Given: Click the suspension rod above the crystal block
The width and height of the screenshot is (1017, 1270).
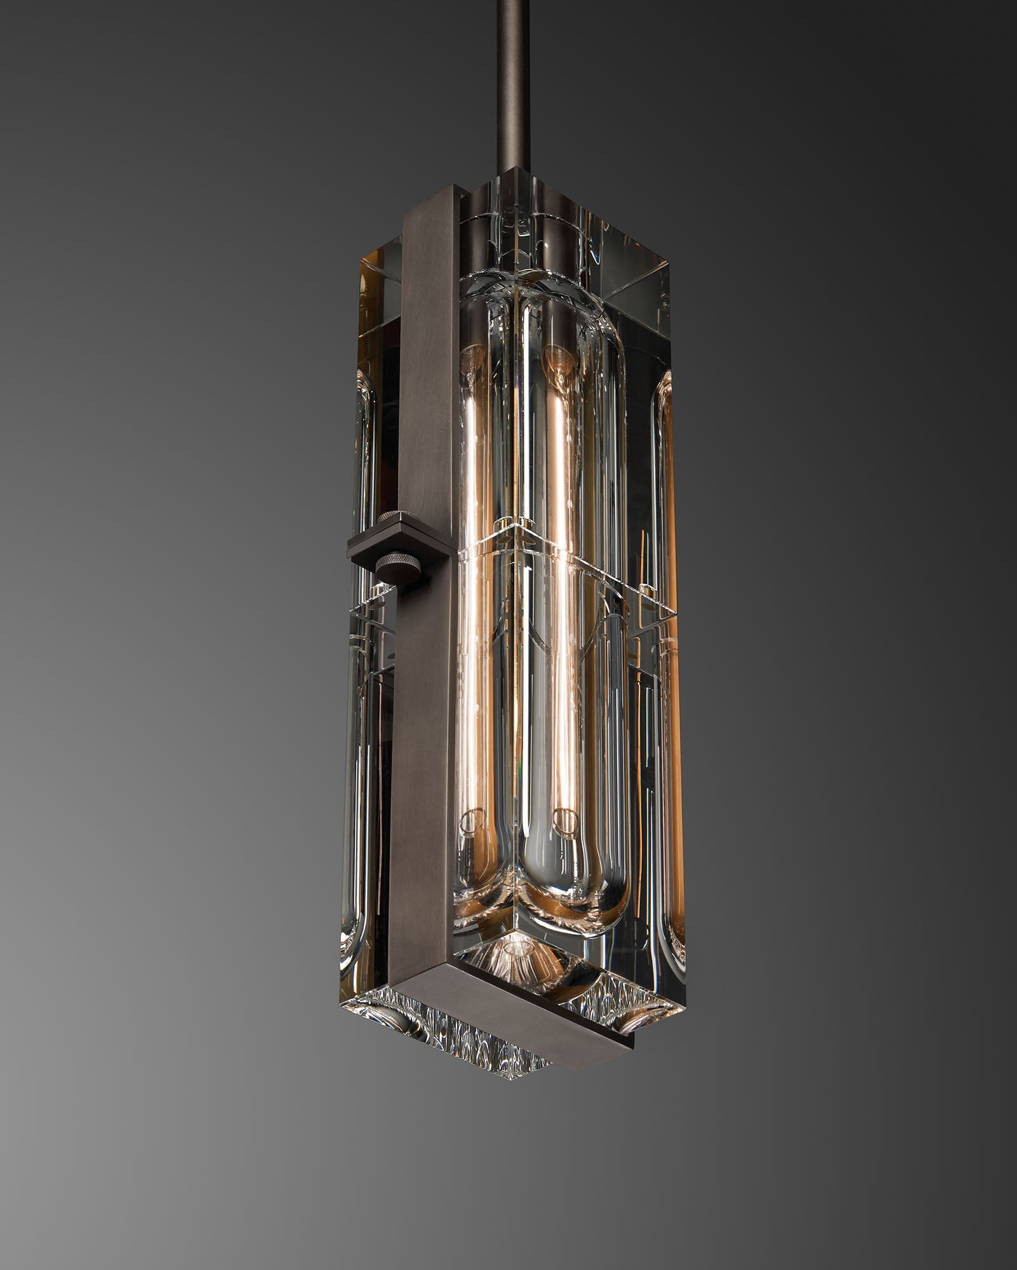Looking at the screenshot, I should pyautogui.click(x=514, y=83).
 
